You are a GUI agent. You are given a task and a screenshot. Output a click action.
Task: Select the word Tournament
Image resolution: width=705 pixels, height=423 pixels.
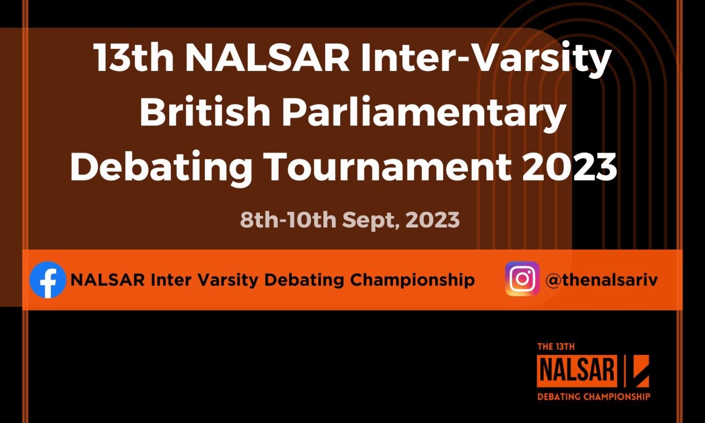(x=387, y=167)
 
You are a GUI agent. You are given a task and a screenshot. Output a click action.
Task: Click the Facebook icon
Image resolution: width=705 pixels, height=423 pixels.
(x=48, y=280)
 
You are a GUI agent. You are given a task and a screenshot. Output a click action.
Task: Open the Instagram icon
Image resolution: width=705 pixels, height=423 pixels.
(x=523, y=279)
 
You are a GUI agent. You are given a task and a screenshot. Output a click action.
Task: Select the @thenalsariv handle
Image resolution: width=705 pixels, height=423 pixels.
(x=602, y=280)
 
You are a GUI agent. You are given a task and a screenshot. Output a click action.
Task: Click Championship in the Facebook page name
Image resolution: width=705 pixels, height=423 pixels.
(x=413, y=280)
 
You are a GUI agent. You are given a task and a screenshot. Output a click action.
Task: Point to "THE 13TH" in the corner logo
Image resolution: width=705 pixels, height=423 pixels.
(x=556, y=346)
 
